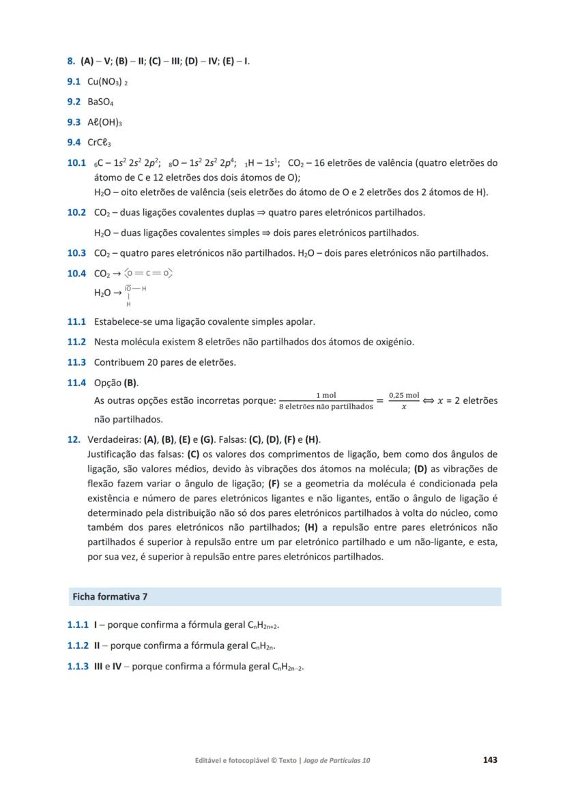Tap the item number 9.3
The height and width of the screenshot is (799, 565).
tap(75, 123)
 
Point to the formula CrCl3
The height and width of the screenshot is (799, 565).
tap(100, 143)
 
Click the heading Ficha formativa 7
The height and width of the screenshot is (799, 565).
tap(110, 596)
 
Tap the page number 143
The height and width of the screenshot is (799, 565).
tap(489, 759)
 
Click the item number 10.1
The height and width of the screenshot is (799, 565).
tap(76, 163)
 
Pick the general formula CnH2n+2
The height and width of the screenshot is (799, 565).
tap(263, 625)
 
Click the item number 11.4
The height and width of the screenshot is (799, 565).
tap(76, 383)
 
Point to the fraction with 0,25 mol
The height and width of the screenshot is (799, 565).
tap(403, 401)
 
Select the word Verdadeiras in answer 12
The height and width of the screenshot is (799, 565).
tap(112, 439)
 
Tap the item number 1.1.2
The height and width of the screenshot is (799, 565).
tap(78, 646)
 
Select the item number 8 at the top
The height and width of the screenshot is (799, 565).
tap(71, 61)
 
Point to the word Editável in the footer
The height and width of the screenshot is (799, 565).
tap(211, 760)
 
